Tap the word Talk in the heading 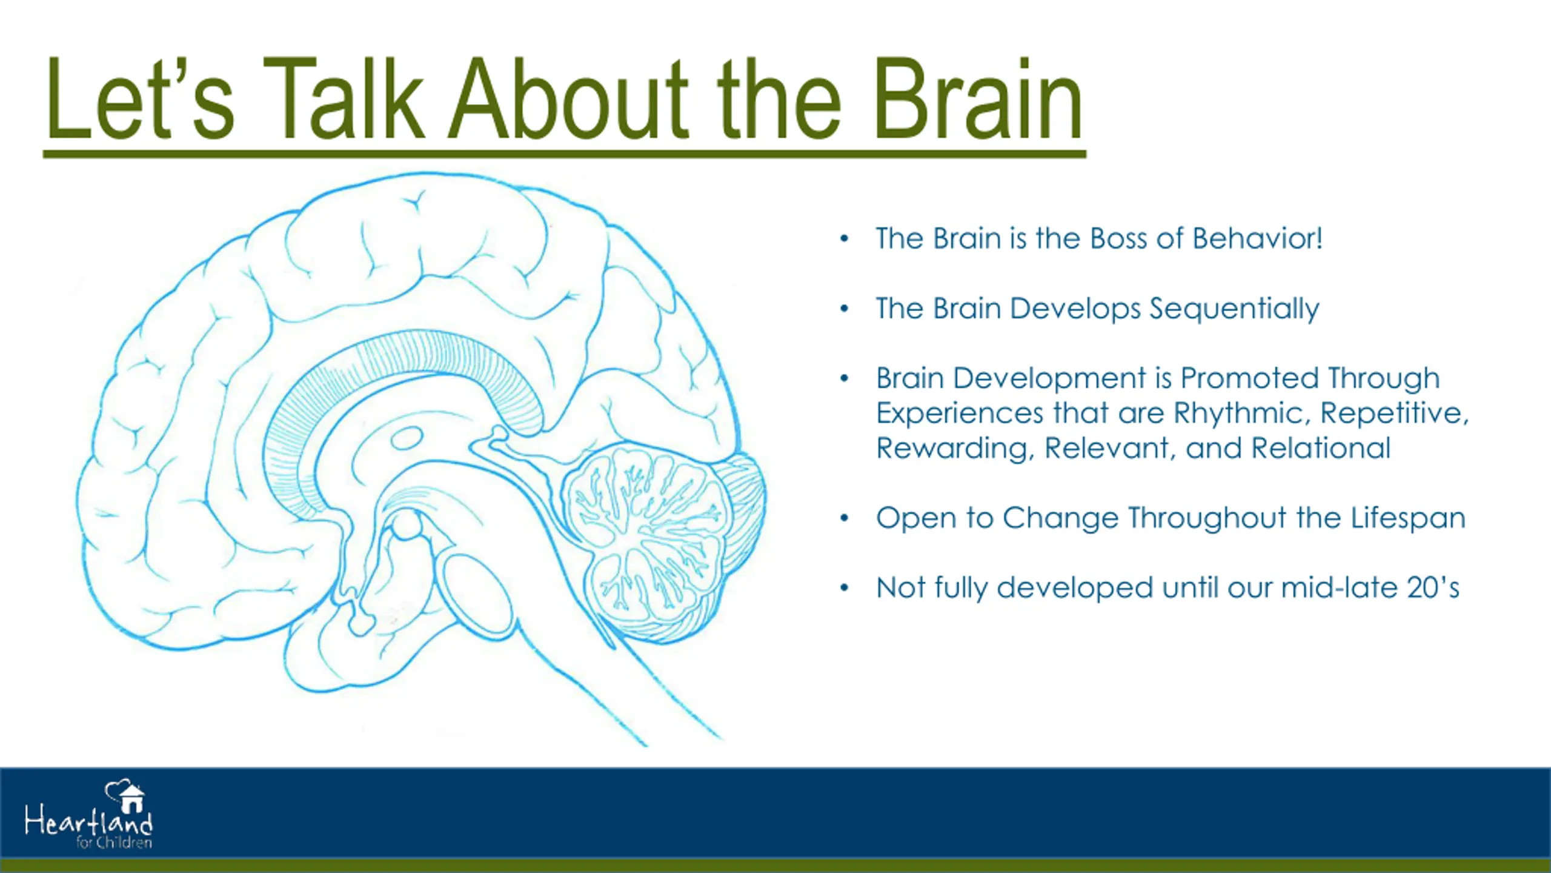tap(343, 100)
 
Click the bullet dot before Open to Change tap(845, 518)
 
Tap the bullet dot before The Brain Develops tap(845, 309)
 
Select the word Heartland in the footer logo tap(88, 822)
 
